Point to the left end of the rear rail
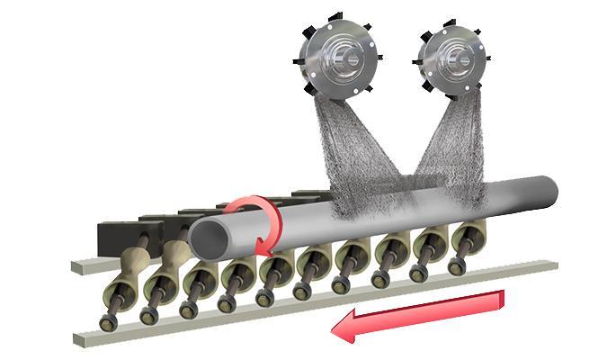[79, 266]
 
